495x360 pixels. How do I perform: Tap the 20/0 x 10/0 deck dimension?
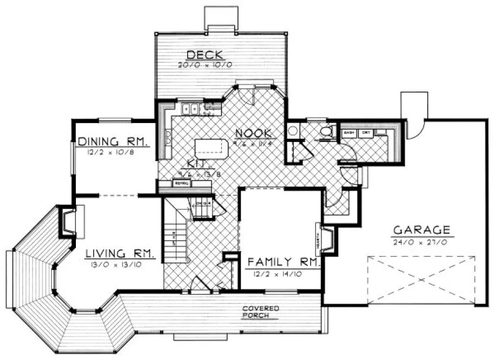pyautogui.click(x=205, y=65)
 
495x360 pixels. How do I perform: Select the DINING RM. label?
pyautogui.click(x=113, y=142)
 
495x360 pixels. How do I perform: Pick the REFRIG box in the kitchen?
pyautogui.click(x=181, y=184)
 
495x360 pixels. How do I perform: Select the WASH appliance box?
pyautogui.click(x=349, y=132)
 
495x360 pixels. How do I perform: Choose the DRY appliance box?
pyautogui.click(x=366, y=132)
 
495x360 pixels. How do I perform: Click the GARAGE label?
pyautogui.click(x=421, y=229)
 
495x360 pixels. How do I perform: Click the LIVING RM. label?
pyautogui.click(x=120, y=253)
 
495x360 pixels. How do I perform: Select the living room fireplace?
pyautogui.click(x=67, y=222)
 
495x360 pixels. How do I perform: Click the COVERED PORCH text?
pyautogui.click(x=261, y=311)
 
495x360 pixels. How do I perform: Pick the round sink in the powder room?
pyautogui.click(x=293, y=130)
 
